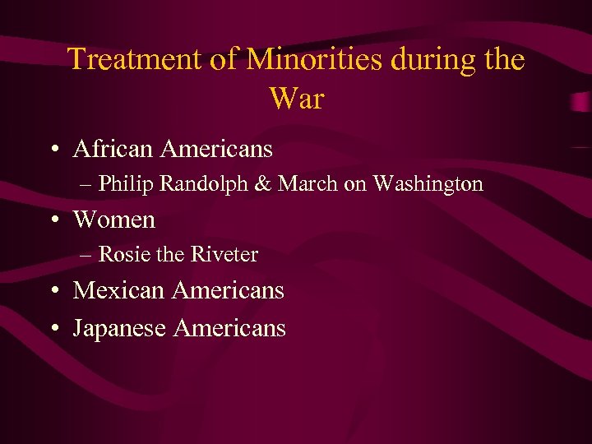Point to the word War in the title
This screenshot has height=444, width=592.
pyautogui.click(x=296, y=99)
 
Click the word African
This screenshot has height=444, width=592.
pyautogui.click(x=114, y=149)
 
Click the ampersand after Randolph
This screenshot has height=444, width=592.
pyautogui.click(x=262, y=184)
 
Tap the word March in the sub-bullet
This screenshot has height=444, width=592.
pyautogui.click(x=308, y=184)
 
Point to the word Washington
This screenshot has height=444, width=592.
pyautogui.click(x=428, y=184)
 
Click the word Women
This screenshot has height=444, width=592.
pyautogui.click(x=113, y=220)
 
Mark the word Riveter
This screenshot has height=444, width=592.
pyautogui.click(x=224, y=255)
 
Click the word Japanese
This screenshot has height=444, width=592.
pyautogui.click(x=120, y=329)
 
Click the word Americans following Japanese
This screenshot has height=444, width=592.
pyautogui.click(x=229, y=329)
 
